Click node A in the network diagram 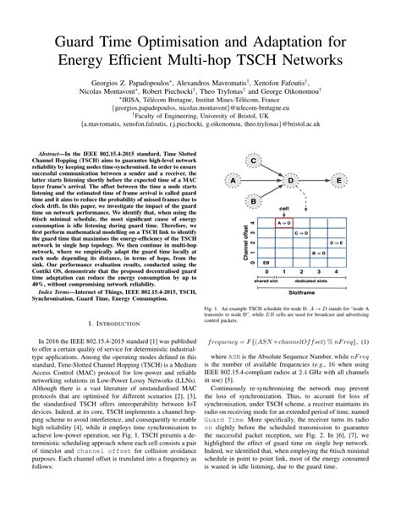pyautogui.click(x=232, y=180)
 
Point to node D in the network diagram pyautogui.click(x=291, y=180)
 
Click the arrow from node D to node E pyautogui.click(x=316, y=180)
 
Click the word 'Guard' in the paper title pyautogui.click(x=83, y=40)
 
